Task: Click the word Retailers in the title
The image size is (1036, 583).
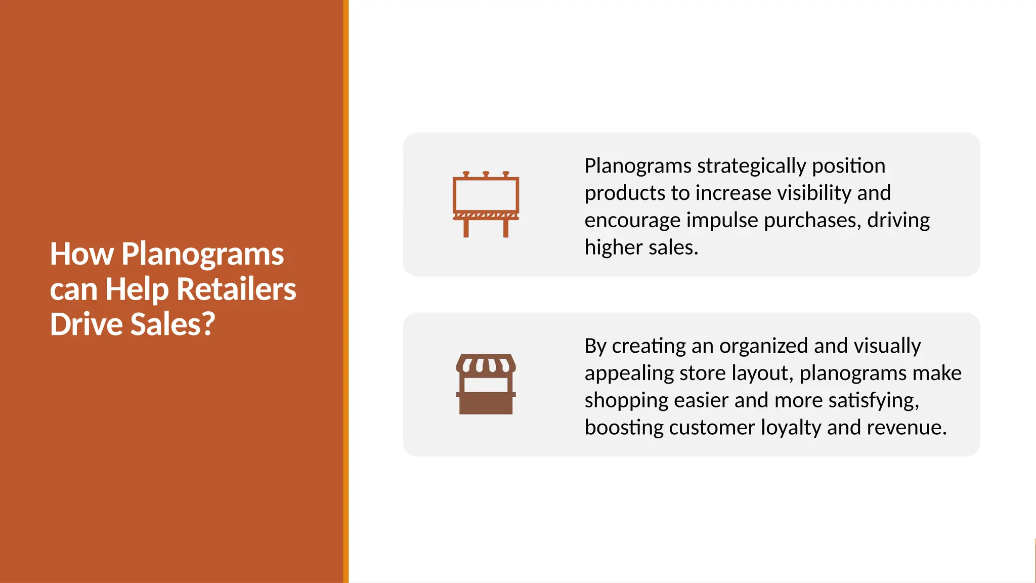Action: click(x=236, y=289)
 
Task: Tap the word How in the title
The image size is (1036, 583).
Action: click(x=81, y=254)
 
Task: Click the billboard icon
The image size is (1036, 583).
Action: click(x=486, y=204)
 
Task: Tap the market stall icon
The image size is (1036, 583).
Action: click(x=486, y=385)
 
